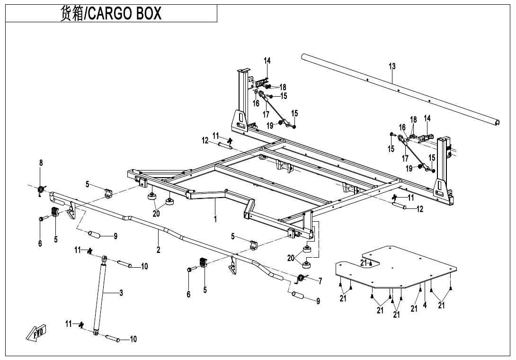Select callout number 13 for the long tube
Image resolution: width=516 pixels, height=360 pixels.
(392, 66)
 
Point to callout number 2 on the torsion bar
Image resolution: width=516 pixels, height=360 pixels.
(158, 250)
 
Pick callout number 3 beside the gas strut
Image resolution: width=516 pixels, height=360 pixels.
(121, 292)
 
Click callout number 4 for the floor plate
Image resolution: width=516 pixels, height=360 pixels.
(425, 305)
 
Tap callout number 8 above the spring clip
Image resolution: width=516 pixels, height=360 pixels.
(41, 162)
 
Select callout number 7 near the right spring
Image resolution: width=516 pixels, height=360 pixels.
(320, 281)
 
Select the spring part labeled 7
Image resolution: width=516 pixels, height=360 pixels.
(301, 279)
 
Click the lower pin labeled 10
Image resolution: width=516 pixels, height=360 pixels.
(112, 337)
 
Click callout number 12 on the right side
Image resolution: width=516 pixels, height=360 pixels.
(420, 209)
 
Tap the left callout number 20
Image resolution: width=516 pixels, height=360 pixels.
(156, 214)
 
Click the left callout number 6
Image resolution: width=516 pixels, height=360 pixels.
(40, 243)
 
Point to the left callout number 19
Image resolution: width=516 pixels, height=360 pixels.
(270, 126)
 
